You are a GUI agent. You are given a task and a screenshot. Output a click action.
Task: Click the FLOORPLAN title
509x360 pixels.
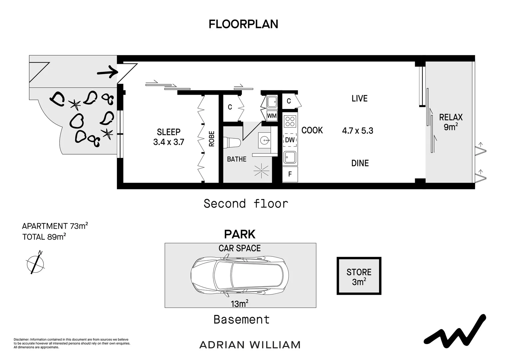244,24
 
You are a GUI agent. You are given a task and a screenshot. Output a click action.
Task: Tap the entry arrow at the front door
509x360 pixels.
108,72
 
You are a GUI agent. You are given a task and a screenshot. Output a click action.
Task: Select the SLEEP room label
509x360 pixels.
169,132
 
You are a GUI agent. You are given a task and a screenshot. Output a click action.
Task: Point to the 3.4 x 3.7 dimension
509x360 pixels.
169,142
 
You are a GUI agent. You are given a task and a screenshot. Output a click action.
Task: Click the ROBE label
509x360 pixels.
212,139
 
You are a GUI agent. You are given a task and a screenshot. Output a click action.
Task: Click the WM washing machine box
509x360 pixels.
272,116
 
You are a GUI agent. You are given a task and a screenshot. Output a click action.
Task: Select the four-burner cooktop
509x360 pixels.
290,121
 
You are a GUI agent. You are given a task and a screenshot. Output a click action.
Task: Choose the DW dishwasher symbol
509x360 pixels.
290,140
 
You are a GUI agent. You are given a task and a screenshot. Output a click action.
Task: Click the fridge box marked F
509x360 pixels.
290,174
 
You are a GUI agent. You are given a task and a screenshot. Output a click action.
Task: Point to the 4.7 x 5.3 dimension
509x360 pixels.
358,131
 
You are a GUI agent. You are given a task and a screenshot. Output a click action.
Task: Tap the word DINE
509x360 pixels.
360,163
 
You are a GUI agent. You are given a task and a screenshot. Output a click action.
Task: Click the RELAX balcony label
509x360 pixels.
451,117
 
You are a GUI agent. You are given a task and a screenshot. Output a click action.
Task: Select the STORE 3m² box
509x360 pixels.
359,276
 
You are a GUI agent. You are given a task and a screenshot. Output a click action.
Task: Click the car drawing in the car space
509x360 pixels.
240,275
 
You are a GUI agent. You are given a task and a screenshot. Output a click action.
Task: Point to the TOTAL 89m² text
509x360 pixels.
44,237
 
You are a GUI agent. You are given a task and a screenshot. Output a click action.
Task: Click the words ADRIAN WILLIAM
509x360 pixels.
250,345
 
